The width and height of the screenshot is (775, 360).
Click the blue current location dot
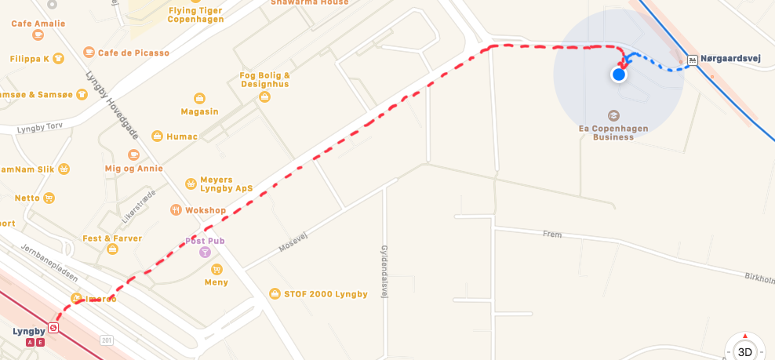[619, 75]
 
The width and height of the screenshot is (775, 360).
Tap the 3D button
[745, 351]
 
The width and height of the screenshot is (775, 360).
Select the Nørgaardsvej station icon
[692, 60]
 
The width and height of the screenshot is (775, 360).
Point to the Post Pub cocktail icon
[205, 253]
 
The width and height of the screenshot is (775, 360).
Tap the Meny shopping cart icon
[216, 269]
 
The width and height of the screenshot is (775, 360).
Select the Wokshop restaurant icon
[176, 210]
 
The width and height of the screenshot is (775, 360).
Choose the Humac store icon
[158, 136]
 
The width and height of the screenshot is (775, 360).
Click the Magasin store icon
[199, 97]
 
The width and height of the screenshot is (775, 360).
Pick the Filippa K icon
[60, 59]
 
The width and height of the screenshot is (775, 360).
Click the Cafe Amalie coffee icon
[38, 35]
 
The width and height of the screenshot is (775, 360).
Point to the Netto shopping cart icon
[49, 198]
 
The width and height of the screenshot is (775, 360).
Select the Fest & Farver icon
[112, 249]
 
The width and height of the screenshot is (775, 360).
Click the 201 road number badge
[107, 340]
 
